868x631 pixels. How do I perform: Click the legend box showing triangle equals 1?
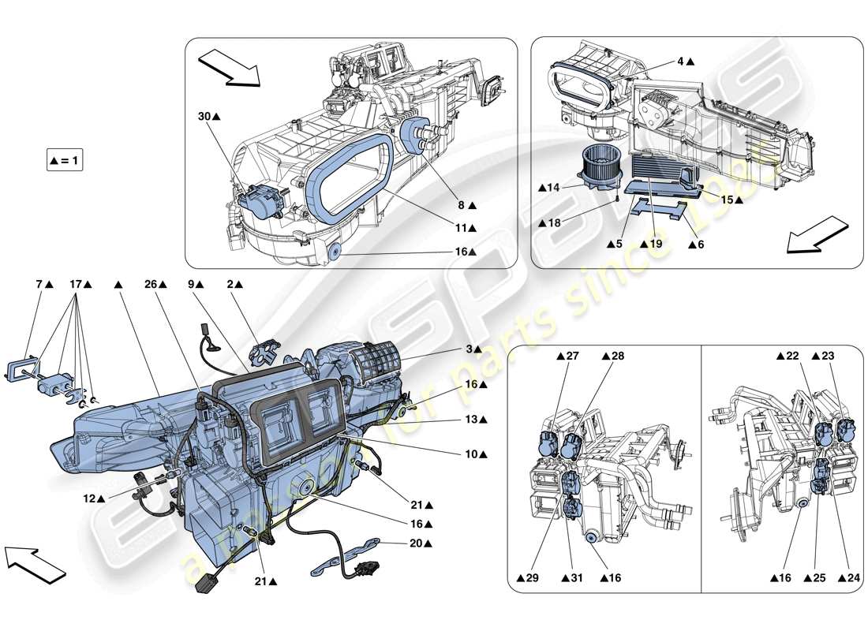click(65, 160)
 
